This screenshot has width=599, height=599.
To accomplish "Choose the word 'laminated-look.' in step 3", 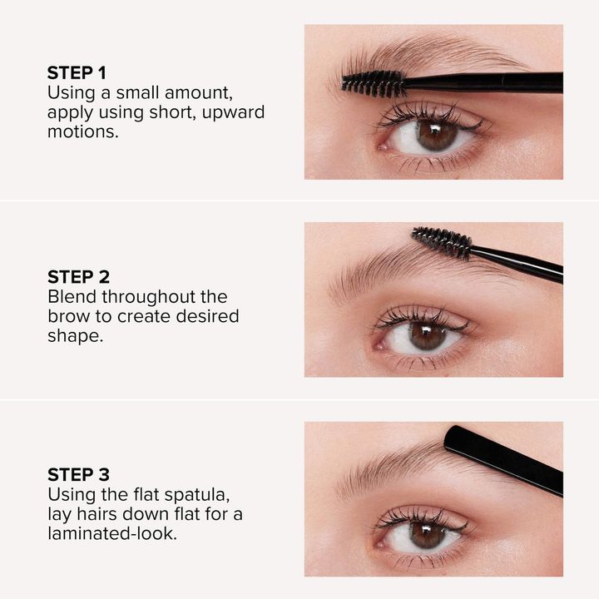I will coord(112,533).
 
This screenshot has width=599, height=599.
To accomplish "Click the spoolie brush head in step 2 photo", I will coord(442,242).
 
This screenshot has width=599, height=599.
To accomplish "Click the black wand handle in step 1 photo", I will coord(483,82).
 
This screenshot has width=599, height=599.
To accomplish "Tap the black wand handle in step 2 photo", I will coord(516,263).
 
